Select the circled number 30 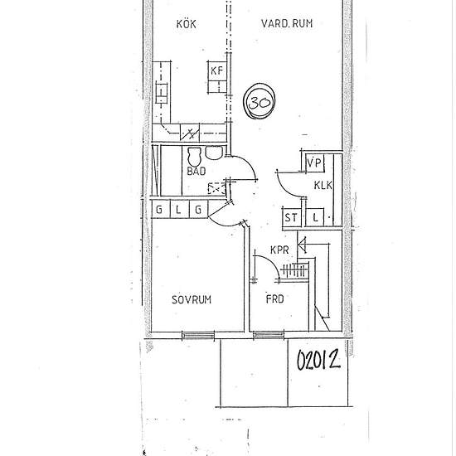click(x=260, y=103)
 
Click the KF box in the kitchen click(x=217, y=70)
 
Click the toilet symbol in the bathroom click(x=196, y=156)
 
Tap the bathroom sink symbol click(x=214, y=153)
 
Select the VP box click(x=314, y=163)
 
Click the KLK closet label click(x=323, y=187)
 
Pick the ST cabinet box click(x=291, y=218)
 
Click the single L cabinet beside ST click(x=317, y=218)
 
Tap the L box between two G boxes click(x=178, y=210)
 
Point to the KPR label click(x=279, y=250)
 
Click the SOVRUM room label click(x=192, y=299)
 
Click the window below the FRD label click(x=268, y=335)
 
